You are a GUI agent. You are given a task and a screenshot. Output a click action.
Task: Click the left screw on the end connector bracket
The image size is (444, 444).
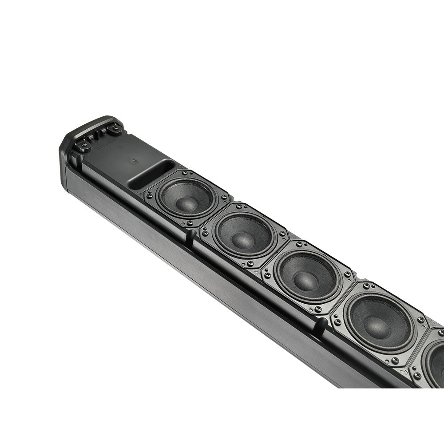[83, 144]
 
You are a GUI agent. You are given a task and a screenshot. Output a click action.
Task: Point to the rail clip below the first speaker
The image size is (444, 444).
[190, 237]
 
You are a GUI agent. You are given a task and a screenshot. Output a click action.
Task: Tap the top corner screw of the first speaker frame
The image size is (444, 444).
[185, 172]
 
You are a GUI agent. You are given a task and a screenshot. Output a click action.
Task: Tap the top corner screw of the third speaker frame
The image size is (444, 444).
[299, 244]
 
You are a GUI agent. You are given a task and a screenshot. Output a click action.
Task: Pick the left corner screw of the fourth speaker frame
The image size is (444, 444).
[337, 321]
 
